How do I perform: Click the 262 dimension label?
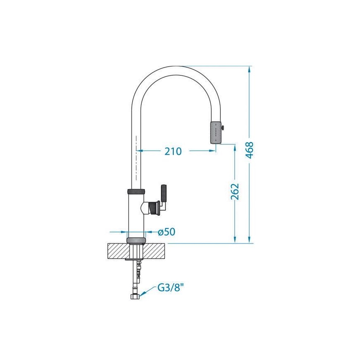[235, 191]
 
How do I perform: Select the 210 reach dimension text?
[173, 151]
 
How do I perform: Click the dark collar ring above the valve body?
[136, 192]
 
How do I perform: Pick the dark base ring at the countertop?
[136, 240]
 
